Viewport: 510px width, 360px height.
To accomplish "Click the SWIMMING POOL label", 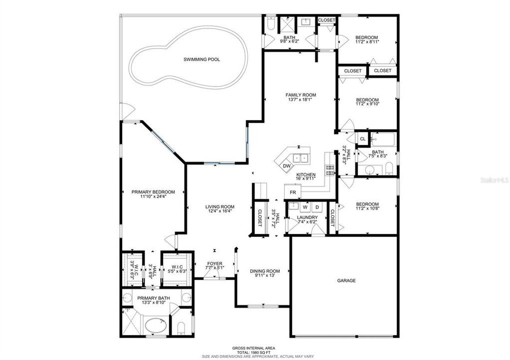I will (x=202, y=59).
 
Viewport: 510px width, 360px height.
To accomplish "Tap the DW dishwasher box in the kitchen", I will (x=286, y=166).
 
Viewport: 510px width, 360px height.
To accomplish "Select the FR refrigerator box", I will (x=293, y=192).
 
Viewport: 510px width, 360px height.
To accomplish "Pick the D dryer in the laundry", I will (x=317, y=206).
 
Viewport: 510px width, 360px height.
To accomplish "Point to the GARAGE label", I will (x=346, y=280).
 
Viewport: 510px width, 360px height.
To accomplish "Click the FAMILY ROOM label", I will (x=301, y=95).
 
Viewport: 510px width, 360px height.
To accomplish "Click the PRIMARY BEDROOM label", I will (x=153, y=192).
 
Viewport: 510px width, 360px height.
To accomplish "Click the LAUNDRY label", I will (x=307, y=217).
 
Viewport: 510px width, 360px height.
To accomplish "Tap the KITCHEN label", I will (x=305, y=174).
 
